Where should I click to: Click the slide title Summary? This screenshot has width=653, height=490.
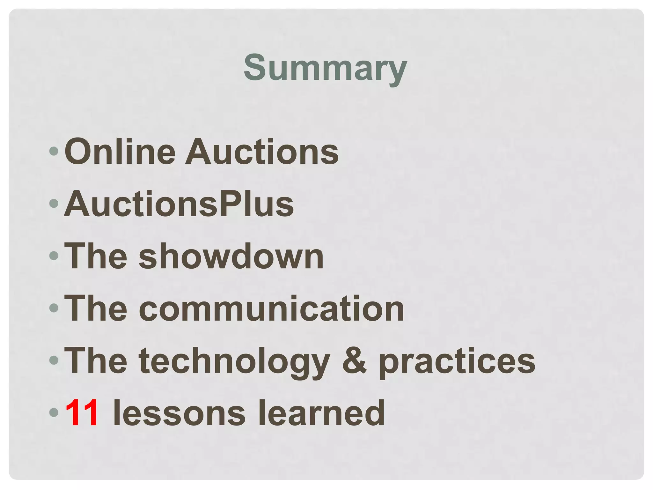pyautogui.click(x=325, y=68)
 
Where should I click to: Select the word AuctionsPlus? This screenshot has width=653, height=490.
pyautogui.click(x=179, y=204)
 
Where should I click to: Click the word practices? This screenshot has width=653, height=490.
pyautogui.click(x=457, y=361)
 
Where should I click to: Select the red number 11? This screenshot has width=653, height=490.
pyautogui.click(x=82, y=413)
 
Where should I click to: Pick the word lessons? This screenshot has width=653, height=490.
pyautogui.click(x=180, y=413)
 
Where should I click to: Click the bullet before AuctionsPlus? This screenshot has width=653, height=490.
pyautogui.click(x=54, y=204)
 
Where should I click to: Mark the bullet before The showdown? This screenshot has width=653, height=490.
pyautogui.click(x=54, y=256)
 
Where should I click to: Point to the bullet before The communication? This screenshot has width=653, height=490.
pyautogui.click(x=54, y=308)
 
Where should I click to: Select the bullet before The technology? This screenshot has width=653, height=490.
pyautogui.click(x=54, y=360)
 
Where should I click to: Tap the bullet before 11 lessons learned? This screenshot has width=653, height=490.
pyautogui.click(x=54, y=412)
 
